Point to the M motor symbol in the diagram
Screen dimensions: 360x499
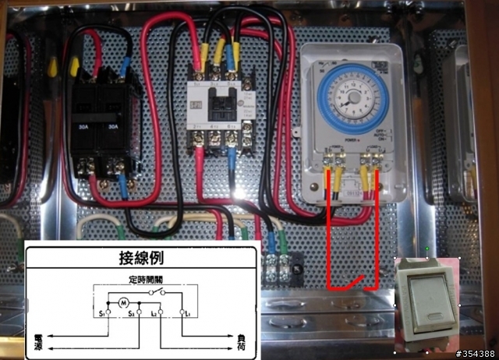tap(122, 302)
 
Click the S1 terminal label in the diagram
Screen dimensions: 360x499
tap(102, 313)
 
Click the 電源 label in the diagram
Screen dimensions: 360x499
tap(38, 341)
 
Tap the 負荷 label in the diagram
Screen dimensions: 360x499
tap(242, 341)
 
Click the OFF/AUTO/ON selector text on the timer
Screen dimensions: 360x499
tap(380, 133)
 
